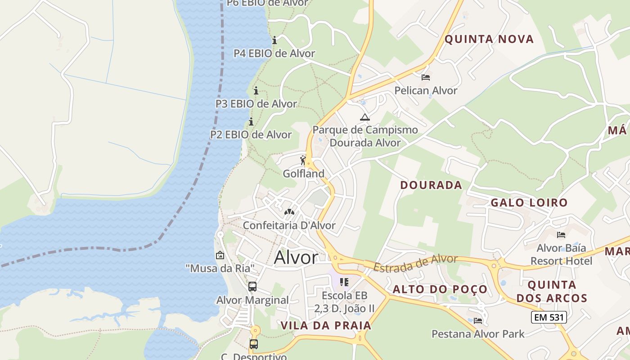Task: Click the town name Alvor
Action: [296, 257]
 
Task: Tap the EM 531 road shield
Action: [548, 317]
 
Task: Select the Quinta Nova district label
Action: [489, 39]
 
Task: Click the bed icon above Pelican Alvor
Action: [426, 77]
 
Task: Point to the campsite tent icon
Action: [364, 117]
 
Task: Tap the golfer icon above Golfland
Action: [303, 160]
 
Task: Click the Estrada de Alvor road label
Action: [415, 263]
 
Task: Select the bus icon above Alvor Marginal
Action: [252, 286]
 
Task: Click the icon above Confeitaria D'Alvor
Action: [289, 211]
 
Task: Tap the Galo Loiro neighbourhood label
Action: [529, 202]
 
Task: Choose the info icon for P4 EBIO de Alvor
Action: [274, 40]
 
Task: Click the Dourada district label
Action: [431, 185]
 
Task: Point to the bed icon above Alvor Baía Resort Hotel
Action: [561, 234]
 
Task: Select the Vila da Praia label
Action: [326, 325]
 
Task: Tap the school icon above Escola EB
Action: [344, 282]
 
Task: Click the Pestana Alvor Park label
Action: [478, 334]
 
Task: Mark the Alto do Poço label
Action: [440, 289]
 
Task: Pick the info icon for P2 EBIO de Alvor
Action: [251, 121]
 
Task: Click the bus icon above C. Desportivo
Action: [254, 344]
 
